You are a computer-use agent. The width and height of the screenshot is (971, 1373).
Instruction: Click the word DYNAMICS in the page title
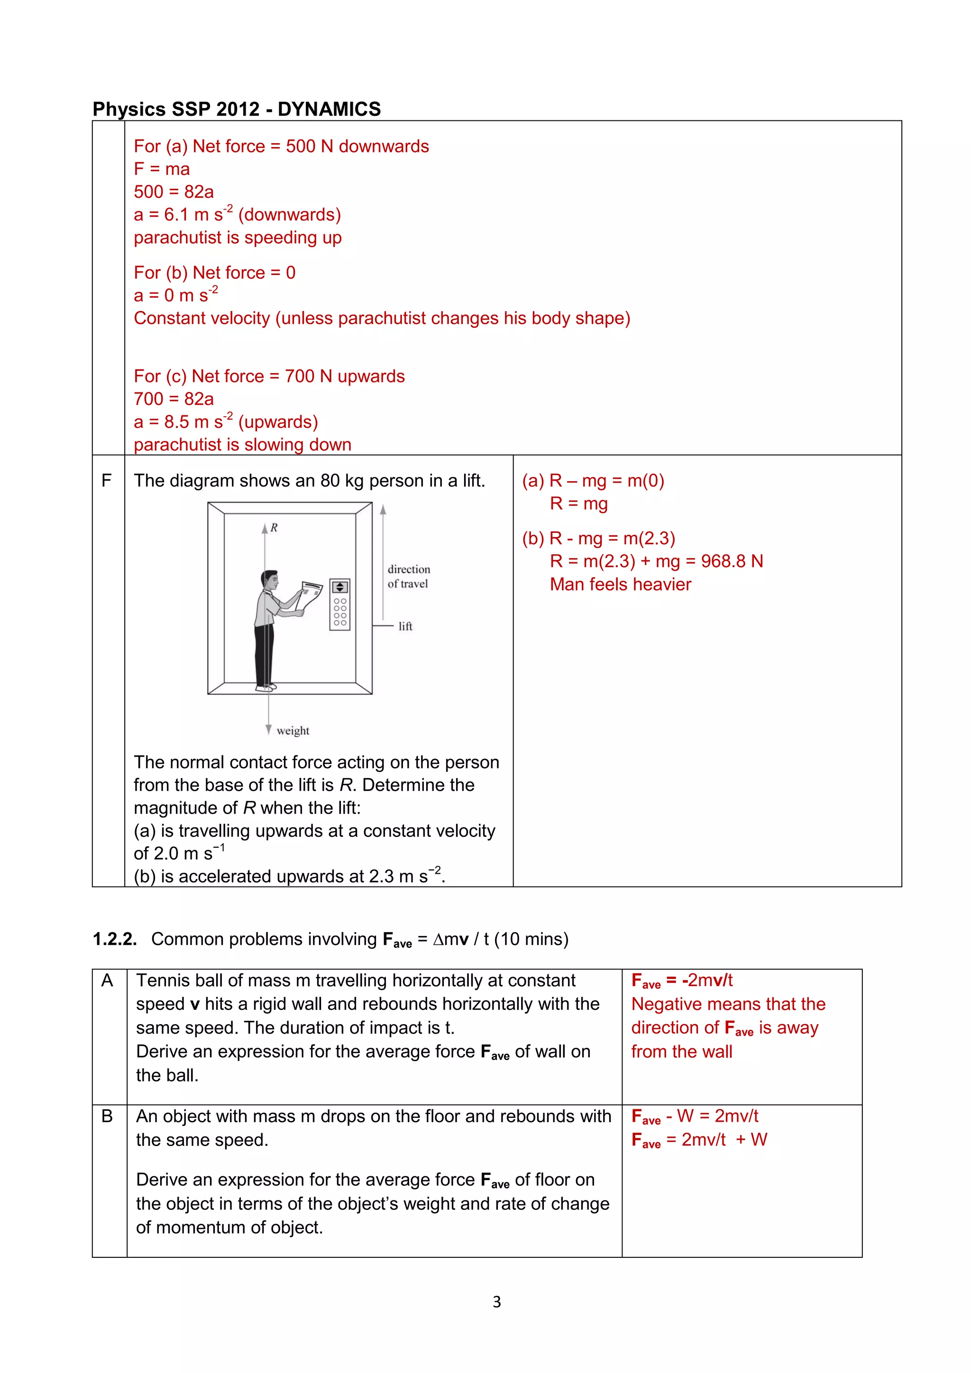[329, 109]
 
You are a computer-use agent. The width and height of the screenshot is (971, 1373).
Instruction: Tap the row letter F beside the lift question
[106, 480]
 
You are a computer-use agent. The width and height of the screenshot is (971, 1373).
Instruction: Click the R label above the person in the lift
[274, 527]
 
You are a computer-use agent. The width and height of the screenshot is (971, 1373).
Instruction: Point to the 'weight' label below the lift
[293, 730]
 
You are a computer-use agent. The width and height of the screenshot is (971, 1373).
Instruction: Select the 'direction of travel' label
[408, 577]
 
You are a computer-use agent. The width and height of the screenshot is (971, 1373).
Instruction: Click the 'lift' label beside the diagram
[405, 626]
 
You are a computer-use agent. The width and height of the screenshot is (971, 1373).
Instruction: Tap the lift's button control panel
[339, 604]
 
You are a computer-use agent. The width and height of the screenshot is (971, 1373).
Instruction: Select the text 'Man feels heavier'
[620, 584]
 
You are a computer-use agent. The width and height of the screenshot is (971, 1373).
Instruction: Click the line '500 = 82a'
[174, 192]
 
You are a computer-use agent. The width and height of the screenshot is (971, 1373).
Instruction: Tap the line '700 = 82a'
[174, 399]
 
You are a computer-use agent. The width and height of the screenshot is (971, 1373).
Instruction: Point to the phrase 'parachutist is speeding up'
[238, 238]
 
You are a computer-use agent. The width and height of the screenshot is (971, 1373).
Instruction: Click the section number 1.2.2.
[114, 939]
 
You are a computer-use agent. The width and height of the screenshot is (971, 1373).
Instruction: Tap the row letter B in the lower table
[107, 1116]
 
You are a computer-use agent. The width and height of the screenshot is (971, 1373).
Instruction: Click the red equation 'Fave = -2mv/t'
[682, 981]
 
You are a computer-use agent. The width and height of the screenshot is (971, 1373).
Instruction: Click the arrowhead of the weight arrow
[268, 730]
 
